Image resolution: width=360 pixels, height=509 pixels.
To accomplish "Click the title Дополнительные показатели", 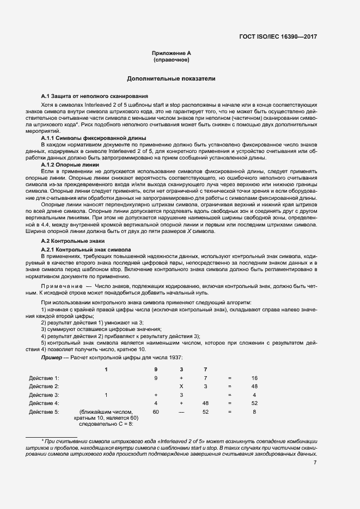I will (171, 79).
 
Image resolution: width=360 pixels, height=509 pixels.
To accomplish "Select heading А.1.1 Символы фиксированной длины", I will (86, 138).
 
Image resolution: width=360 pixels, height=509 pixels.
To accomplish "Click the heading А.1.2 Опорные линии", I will (68, 164).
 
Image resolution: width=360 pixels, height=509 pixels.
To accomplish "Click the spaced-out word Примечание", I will (60, 285).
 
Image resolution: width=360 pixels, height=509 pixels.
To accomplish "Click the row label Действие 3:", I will (44, 394).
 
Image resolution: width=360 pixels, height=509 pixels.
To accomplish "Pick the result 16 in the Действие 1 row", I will (254, 377).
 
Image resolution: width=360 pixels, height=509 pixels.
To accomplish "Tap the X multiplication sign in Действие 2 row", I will (181, 386).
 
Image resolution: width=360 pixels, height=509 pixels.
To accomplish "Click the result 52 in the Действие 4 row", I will (254, 403).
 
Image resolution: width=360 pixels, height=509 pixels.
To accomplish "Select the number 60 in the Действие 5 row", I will (156, 412).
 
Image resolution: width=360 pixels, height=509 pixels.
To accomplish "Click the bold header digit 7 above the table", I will (205, 370).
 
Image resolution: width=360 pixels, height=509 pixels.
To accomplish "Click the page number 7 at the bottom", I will (315, 463).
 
